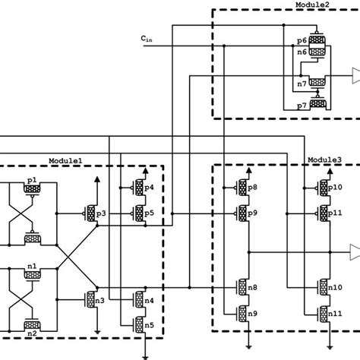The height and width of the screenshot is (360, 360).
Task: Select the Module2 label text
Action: tap(312, 5)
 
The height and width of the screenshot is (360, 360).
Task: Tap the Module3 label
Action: tap(324, 160)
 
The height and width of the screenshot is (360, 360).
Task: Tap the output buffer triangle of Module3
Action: tap(354, 249)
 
